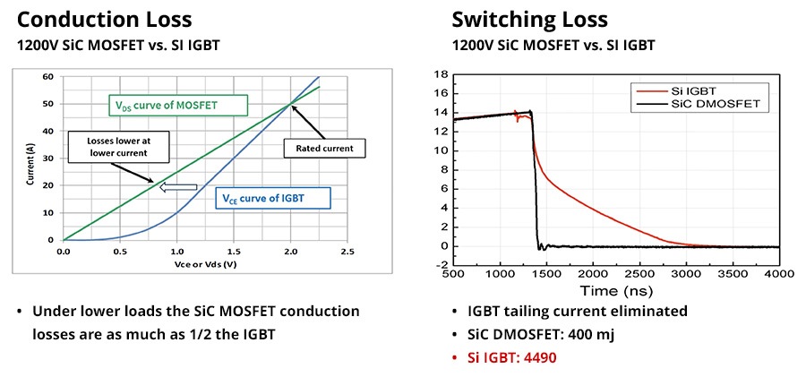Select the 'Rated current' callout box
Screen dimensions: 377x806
318,148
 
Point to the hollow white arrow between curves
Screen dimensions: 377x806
178,187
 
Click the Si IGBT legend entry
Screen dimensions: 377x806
695,90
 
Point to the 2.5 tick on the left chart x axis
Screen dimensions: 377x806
347,253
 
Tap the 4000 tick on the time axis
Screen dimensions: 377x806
778,272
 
